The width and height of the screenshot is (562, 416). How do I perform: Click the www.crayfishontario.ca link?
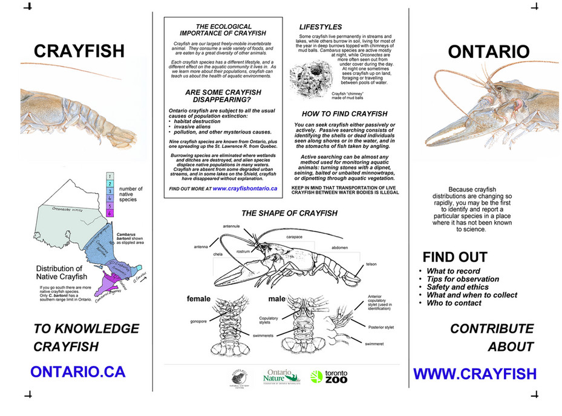[x=244, y=188]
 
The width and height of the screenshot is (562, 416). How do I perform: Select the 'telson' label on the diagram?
[x=371, y=264]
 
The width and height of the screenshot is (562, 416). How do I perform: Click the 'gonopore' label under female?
[x=198, y=321]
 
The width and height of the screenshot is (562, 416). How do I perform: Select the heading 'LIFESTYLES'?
[x=321, y=27]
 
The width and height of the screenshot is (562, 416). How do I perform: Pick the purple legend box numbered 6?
[x=109, y=213]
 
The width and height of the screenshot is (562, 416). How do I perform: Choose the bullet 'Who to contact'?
[x=454, y=303]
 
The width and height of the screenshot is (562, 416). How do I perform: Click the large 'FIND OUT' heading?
[x=454, y=257]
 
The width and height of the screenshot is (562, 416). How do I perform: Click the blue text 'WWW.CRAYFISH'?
[x=474, y=374]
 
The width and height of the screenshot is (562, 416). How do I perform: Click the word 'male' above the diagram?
[x=278, y=298]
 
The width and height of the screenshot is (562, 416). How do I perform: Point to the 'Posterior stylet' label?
[x=381, y=327]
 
